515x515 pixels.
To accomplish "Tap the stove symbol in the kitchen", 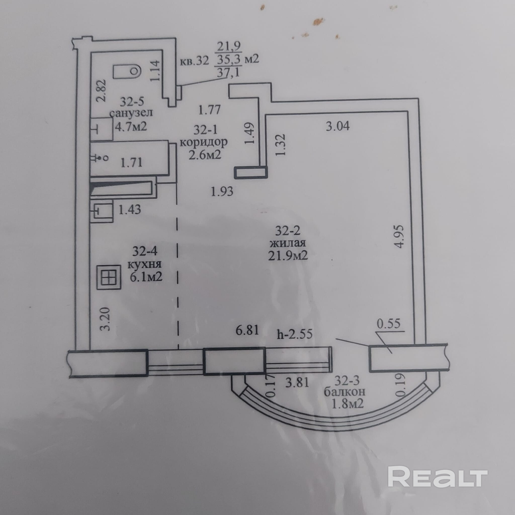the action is [109, 277].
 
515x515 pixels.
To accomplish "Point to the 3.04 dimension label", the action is [337, 126].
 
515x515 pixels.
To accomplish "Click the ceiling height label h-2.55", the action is [294, 334].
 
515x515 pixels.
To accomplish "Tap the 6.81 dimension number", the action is [247, 330].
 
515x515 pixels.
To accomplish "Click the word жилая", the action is [288, 243].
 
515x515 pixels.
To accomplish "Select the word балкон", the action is [344, 392].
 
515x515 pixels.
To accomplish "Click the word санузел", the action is [131, 113].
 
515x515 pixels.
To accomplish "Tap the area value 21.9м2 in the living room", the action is [288, 256].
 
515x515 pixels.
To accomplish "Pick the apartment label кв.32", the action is [194, 61].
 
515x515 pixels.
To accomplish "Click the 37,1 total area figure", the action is [228, 72].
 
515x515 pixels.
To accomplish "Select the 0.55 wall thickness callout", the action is [388, 323].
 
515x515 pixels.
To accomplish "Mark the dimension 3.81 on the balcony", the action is [297, 383].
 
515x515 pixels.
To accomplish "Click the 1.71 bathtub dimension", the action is [132, 162].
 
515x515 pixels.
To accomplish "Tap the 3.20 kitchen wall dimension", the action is [105, 319].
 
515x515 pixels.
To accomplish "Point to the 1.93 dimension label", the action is [222, 191].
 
